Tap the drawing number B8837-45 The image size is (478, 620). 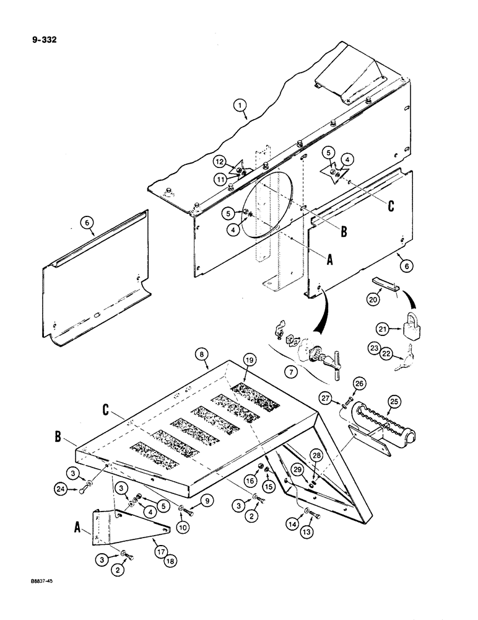[31, 600]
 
